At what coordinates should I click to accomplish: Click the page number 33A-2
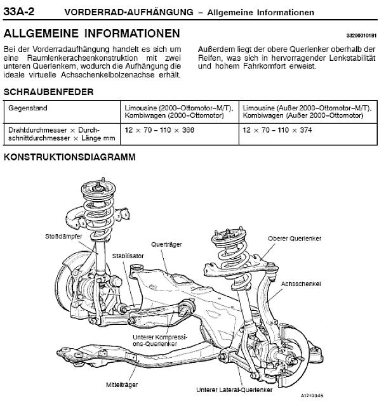pos(18,11)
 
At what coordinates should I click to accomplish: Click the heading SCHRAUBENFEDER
pos(48,92)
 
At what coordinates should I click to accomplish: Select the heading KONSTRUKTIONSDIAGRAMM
pos(70,157)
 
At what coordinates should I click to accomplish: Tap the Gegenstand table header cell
pos(62,112)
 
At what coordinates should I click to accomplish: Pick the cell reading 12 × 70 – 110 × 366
pos(180,134)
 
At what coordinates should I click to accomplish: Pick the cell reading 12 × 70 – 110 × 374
pos(308,134)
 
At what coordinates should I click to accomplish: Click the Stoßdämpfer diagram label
pos(63,236)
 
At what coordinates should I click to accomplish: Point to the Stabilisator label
pos(128,256)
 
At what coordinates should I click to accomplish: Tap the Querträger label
pos(166,244)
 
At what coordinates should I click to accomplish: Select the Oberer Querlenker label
pos(295,239)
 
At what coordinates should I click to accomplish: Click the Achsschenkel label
pos(301,284)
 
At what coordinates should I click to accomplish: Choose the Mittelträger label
pos(122,384)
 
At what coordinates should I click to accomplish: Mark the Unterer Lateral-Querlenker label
pos(234,390)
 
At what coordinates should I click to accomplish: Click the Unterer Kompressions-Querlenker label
pos(160,341)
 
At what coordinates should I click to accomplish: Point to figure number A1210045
pos(312,396)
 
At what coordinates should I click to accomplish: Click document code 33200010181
pos(361,36)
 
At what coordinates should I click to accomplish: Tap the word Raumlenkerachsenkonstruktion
pos(83,58)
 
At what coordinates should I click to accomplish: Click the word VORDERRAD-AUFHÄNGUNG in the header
pos(129,12)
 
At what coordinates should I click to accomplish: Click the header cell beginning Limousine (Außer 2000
pos(308,112)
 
